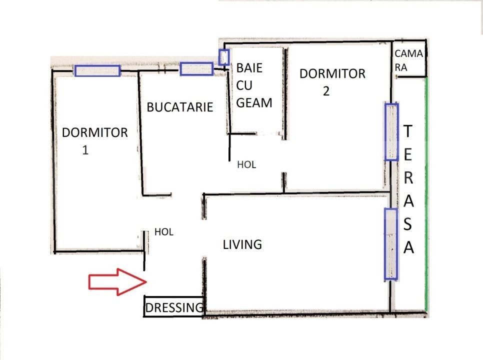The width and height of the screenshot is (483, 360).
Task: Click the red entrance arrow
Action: pyautogui.click(x=117, y=282)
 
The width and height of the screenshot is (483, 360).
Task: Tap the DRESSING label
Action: pyautogui.click(x=174, y=307)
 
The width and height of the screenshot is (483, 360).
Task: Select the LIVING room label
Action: pyautogui.click(x=242, y=244)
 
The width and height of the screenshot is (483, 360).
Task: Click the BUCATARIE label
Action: pyautogui.click(x=180, y=107)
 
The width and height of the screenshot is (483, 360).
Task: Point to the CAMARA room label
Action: pyautogui.click(x=408, y=60)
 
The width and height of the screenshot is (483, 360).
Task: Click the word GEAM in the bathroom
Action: pyautogui.click(x=254, y=103)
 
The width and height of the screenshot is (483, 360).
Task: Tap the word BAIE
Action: pyautogui.click(x=249, y=68)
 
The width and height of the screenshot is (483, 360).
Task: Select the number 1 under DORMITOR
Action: pyautogui.click(x=85, y=150)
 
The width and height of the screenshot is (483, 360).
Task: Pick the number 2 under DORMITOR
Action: pyautogui.click(x=326, y=91)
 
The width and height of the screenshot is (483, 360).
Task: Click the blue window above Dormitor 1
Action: pyautogui.click(x=97, y=70)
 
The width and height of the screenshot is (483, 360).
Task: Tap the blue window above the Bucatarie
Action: pyautogui.click(x=196, y=68)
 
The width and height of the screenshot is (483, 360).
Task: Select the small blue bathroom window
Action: pyautogui.click(x=224, y=57)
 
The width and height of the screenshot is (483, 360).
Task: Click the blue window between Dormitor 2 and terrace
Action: pyautogui.click(x=391, y=132)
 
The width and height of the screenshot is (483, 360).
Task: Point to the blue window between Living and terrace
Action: pyautogui.click(x=391, y=244)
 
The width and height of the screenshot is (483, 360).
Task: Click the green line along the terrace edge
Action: pyautogui.click(x=426, y=194)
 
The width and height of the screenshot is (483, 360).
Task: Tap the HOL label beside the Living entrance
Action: pyautogui.click(x=164, y=232)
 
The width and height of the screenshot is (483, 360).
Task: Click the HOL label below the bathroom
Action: pyautogui.click(x=246, y=165)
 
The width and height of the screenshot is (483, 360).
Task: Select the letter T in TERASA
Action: pyautogui.click(x=408, y=131)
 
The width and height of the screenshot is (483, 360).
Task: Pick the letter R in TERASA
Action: pyautogui.click(x=408, y=177)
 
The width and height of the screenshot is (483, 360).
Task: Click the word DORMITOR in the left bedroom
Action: pyautogui.click(x=95, y=132)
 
